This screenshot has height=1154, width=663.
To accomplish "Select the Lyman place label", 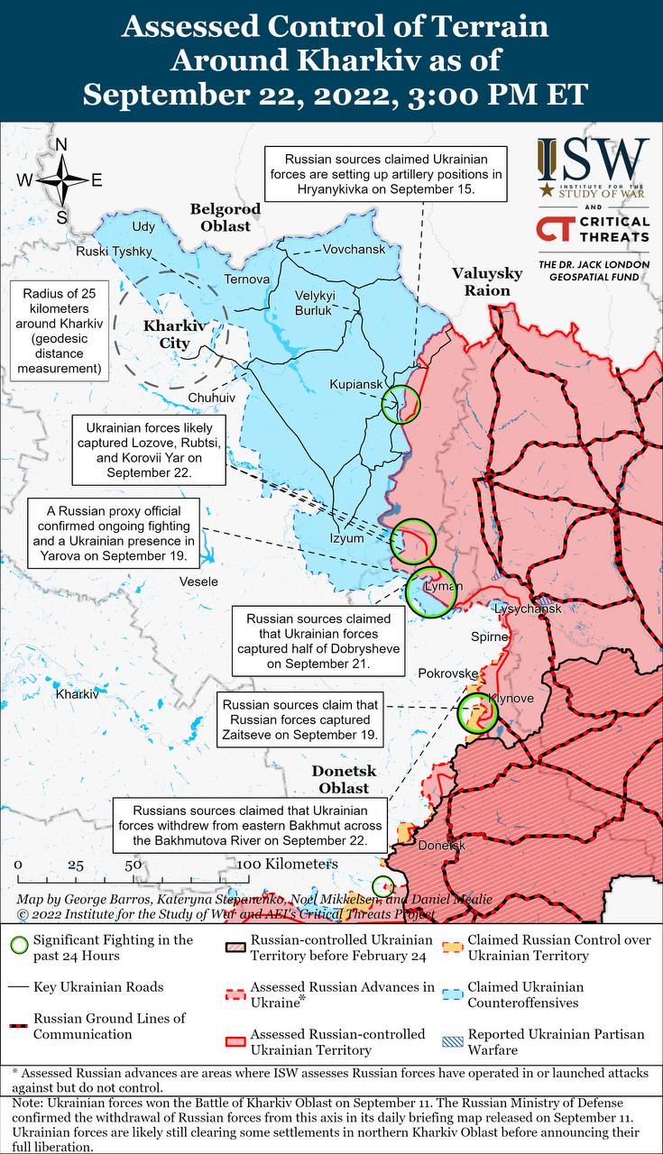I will click(443, 587).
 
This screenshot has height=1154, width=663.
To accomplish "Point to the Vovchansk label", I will click(354, 248).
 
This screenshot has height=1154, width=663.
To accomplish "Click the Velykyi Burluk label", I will click(314, 303).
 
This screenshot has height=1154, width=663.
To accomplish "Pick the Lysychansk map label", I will click(528, 609).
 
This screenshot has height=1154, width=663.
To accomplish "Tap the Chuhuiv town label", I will click(211, 397).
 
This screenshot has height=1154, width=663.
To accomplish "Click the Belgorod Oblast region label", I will click(226, 217).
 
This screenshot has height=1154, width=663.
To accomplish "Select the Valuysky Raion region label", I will click(487, 281).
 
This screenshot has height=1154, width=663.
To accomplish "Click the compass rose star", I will click(62, 180).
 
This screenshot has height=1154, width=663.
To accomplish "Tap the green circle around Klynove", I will click(476, 713).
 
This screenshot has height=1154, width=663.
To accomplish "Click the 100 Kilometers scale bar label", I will click(289, 864).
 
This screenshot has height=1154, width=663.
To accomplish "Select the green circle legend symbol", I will click(17, 946).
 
